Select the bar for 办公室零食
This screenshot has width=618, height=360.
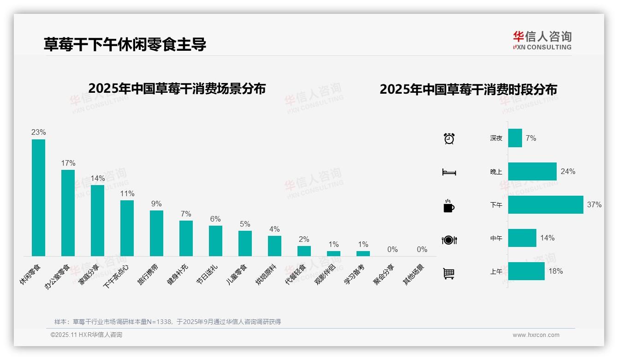tap(68, 213)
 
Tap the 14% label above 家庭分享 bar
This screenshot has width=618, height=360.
tap(97, 178)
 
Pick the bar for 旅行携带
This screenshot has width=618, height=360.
tap(156, 233)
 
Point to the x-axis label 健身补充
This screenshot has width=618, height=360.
tap(178, 274)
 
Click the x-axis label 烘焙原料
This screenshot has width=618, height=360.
tap(266, 274)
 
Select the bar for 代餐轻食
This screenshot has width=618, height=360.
tap(304, 251)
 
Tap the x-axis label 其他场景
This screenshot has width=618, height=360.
tap(414, 274)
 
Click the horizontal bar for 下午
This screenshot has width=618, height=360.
tap(546, 204)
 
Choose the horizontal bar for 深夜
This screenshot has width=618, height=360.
tap(515, 138)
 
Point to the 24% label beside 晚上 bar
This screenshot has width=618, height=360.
tap(568, 171)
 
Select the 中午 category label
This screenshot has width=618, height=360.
tap(496, 238)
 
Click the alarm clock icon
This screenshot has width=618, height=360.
tap(449, 138)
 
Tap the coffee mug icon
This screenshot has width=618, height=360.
tap(449, 206)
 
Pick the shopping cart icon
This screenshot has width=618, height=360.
tap(449, 273)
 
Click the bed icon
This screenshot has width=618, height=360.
tap(449, 172)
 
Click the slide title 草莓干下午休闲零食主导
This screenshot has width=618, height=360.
tap(125, 44)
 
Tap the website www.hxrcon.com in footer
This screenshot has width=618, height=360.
tap(536, 335)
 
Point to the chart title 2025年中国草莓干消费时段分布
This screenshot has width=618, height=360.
tap(468, 89)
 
